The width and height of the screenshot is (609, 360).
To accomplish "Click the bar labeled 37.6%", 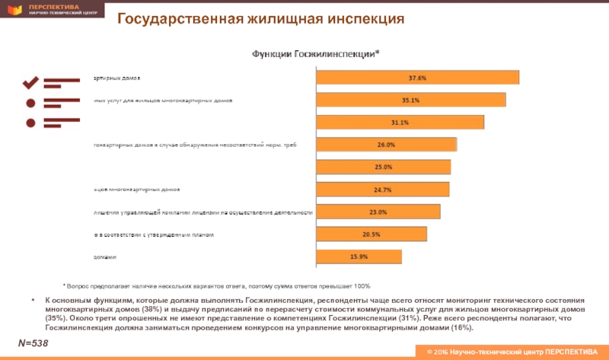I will coord(417,78).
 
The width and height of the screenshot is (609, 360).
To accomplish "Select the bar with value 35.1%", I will coord(410,100).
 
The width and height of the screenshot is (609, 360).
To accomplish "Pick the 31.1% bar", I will coord(400,123).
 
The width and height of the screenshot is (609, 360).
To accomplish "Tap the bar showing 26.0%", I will coord(386,145).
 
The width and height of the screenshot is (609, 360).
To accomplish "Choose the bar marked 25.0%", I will coord(383,167).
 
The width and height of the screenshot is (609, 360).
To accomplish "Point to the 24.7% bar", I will coord(382,190).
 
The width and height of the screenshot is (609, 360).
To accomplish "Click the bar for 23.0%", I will coord(378,212).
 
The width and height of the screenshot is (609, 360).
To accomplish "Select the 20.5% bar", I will coord(371,234).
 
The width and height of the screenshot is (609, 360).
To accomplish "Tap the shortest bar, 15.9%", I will coord(359,256).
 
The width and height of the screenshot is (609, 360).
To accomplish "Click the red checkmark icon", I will coord(31,81).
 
